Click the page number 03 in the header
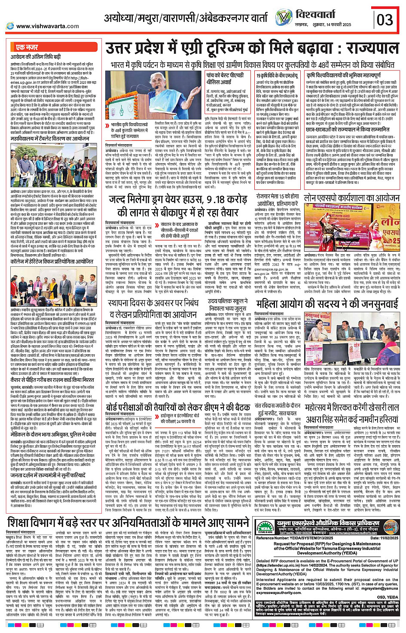(385, 19)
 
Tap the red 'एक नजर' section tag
(27, 47)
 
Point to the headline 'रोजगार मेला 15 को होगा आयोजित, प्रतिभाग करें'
(277, 200)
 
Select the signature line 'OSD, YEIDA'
(387, 597)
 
